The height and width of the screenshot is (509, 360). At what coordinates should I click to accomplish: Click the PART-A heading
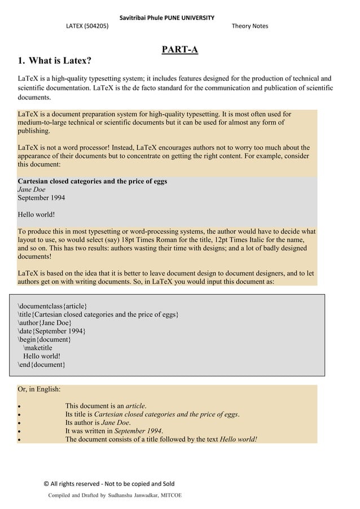(179, 50)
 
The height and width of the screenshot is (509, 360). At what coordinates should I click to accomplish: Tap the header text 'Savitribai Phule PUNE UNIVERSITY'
(166, 17)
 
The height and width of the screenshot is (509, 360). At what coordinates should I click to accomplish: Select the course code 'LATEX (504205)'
(87, 26)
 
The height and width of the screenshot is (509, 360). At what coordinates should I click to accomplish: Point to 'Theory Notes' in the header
(249, 26)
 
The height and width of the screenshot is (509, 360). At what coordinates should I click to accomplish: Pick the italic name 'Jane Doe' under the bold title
(31, 190)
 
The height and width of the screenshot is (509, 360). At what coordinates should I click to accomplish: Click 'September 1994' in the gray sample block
(41, 198)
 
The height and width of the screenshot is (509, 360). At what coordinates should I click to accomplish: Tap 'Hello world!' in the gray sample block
(36, 214)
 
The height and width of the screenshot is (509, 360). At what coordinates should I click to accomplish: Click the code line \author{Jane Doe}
(45, 323)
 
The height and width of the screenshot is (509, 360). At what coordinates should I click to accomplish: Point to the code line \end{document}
(41, 365)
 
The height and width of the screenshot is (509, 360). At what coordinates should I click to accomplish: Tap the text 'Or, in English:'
(39, 389)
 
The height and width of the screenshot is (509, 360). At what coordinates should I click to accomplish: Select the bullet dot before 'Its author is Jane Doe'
(20, 423)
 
